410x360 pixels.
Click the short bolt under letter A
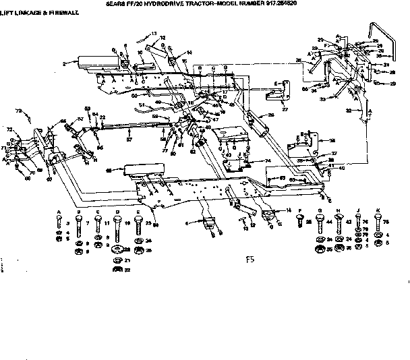(x=59, y=223)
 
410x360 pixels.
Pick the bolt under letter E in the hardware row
(x=138, y=224)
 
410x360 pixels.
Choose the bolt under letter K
(x=377, y=224)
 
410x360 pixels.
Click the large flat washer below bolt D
(x=119, y=260)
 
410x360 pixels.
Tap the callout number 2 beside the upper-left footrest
(x=64, y=63)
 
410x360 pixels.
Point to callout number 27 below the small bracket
(x=285, y=109)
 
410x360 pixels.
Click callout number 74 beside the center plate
(x=268, y=160)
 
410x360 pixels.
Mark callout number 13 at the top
(x=154, y=33)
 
